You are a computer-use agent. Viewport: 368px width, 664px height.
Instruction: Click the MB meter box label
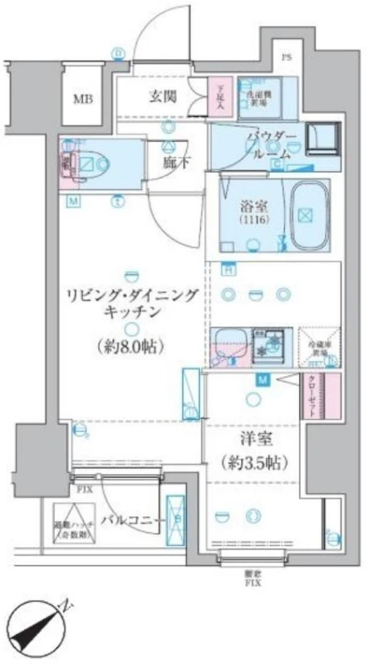click(x=82, y=100)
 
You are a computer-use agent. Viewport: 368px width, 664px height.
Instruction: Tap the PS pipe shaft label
click(x=287, y=58)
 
